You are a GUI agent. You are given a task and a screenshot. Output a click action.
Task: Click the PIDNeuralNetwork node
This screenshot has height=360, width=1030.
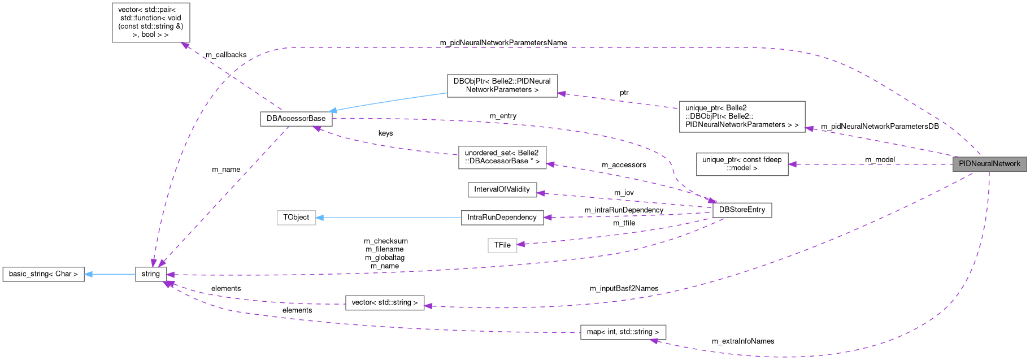[x=989, y=164]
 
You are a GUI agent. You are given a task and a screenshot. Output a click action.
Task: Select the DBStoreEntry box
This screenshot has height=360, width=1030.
[x=742, y=210]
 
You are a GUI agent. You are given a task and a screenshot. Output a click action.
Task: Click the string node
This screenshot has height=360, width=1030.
[x=151, y=274]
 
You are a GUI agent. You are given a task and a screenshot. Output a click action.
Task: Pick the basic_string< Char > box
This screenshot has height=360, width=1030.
[x=44, y=274]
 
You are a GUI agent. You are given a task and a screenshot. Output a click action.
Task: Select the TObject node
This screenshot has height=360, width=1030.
[x=296, y=218]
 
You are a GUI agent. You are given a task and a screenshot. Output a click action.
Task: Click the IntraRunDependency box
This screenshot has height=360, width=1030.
[x=502, y=218]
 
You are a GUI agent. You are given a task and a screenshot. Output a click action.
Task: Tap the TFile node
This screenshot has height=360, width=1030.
[x=502, y=245]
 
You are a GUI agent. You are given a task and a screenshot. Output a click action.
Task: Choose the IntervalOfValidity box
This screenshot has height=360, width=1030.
[x=502, y=189]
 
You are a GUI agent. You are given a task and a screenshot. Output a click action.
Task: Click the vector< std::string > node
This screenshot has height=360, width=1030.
[x=384, y=303]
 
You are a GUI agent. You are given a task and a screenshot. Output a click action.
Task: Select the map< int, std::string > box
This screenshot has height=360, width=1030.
[x=623, y=332]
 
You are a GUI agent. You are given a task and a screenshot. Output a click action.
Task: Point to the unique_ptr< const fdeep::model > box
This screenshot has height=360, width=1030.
[x=741, y=164]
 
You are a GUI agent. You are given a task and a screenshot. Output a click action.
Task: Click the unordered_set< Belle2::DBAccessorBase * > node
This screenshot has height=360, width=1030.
[x=502, y=157]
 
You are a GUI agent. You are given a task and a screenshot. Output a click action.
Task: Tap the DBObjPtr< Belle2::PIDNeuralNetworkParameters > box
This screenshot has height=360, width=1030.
[x=502, y=85]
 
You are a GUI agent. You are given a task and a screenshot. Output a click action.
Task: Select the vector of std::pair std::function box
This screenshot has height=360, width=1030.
[x=150, y=23]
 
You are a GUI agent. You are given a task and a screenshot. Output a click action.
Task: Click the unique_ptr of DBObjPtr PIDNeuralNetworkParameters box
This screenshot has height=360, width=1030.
[x=741, y=116]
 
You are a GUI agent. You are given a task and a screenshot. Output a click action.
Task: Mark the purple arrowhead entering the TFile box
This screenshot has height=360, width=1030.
[x=521, y=244]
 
